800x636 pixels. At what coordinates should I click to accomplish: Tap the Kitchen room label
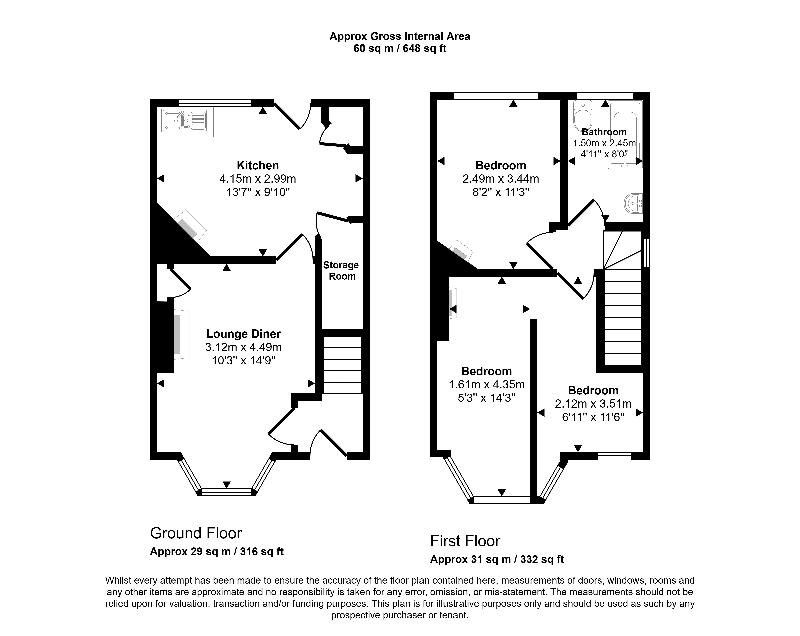coord(258,165)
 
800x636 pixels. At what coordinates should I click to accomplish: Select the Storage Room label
coord(341,271)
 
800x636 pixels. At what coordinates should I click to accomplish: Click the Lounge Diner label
coord(243,334)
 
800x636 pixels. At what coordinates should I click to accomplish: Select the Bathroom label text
coord(604,132)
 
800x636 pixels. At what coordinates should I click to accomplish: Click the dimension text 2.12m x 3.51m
coord(593,404)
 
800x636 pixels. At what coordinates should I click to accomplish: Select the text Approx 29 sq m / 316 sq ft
coord(217,552)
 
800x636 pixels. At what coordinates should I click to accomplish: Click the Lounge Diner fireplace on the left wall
coord(181,334)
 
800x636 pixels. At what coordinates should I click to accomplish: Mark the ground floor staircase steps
coord(342,365)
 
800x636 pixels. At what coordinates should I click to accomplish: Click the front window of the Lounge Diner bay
coord(226,492)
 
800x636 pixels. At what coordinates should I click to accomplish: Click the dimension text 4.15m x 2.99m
coord(258,179)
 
